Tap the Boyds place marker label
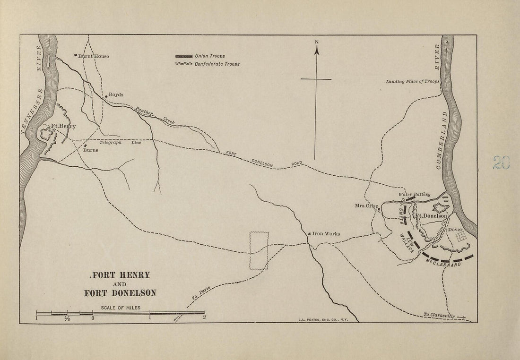[116, 94]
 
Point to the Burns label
[90, 150]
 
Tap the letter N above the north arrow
[317, 43]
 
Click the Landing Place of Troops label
[412, 82]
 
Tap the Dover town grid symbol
[461, 237]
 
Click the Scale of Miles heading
[120, 308]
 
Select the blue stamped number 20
[501, 163]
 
